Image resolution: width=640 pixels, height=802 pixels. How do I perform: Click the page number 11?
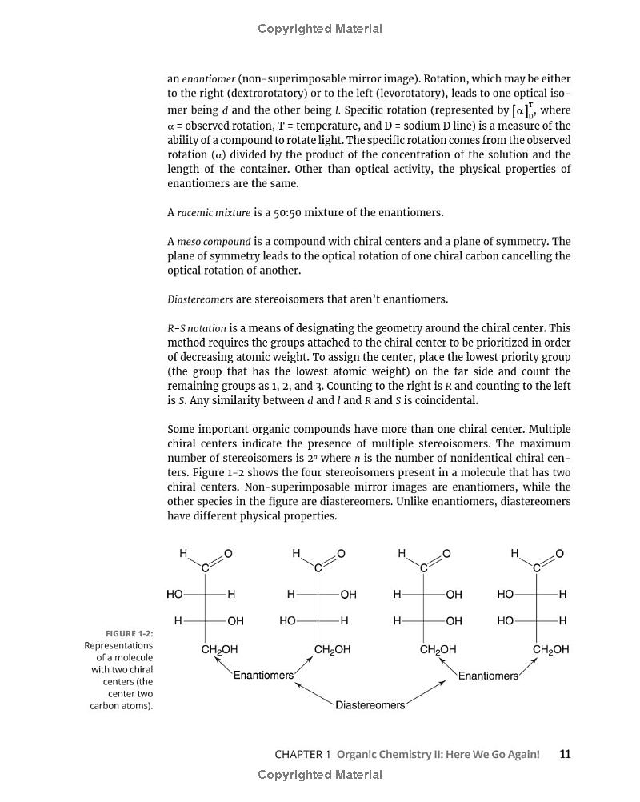click(x=566, y=754)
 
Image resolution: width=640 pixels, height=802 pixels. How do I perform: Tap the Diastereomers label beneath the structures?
click(x=370, y=705)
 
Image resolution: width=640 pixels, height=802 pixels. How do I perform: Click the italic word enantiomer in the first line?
click(x=209, y=79)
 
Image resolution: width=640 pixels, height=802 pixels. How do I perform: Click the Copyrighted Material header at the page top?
click(x=320, y=29)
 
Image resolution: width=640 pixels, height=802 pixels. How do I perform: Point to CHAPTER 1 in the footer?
click(x=302, y=754)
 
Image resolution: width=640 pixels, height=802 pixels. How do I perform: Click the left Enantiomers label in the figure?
click(x=263, y=675)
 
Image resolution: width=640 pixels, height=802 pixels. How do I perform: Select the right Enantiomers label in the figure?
click(x=488, y=676)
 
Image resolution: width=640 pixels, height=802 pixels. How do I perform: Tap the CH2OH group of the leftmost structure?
click(x=219, y=650)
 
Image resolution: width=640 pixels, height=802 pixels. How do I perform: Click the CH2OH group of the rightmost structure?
click(x=551, y=650)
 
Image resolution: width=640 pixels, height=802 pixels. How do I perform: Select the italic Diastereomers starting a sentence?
click(x=200, y=299)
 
